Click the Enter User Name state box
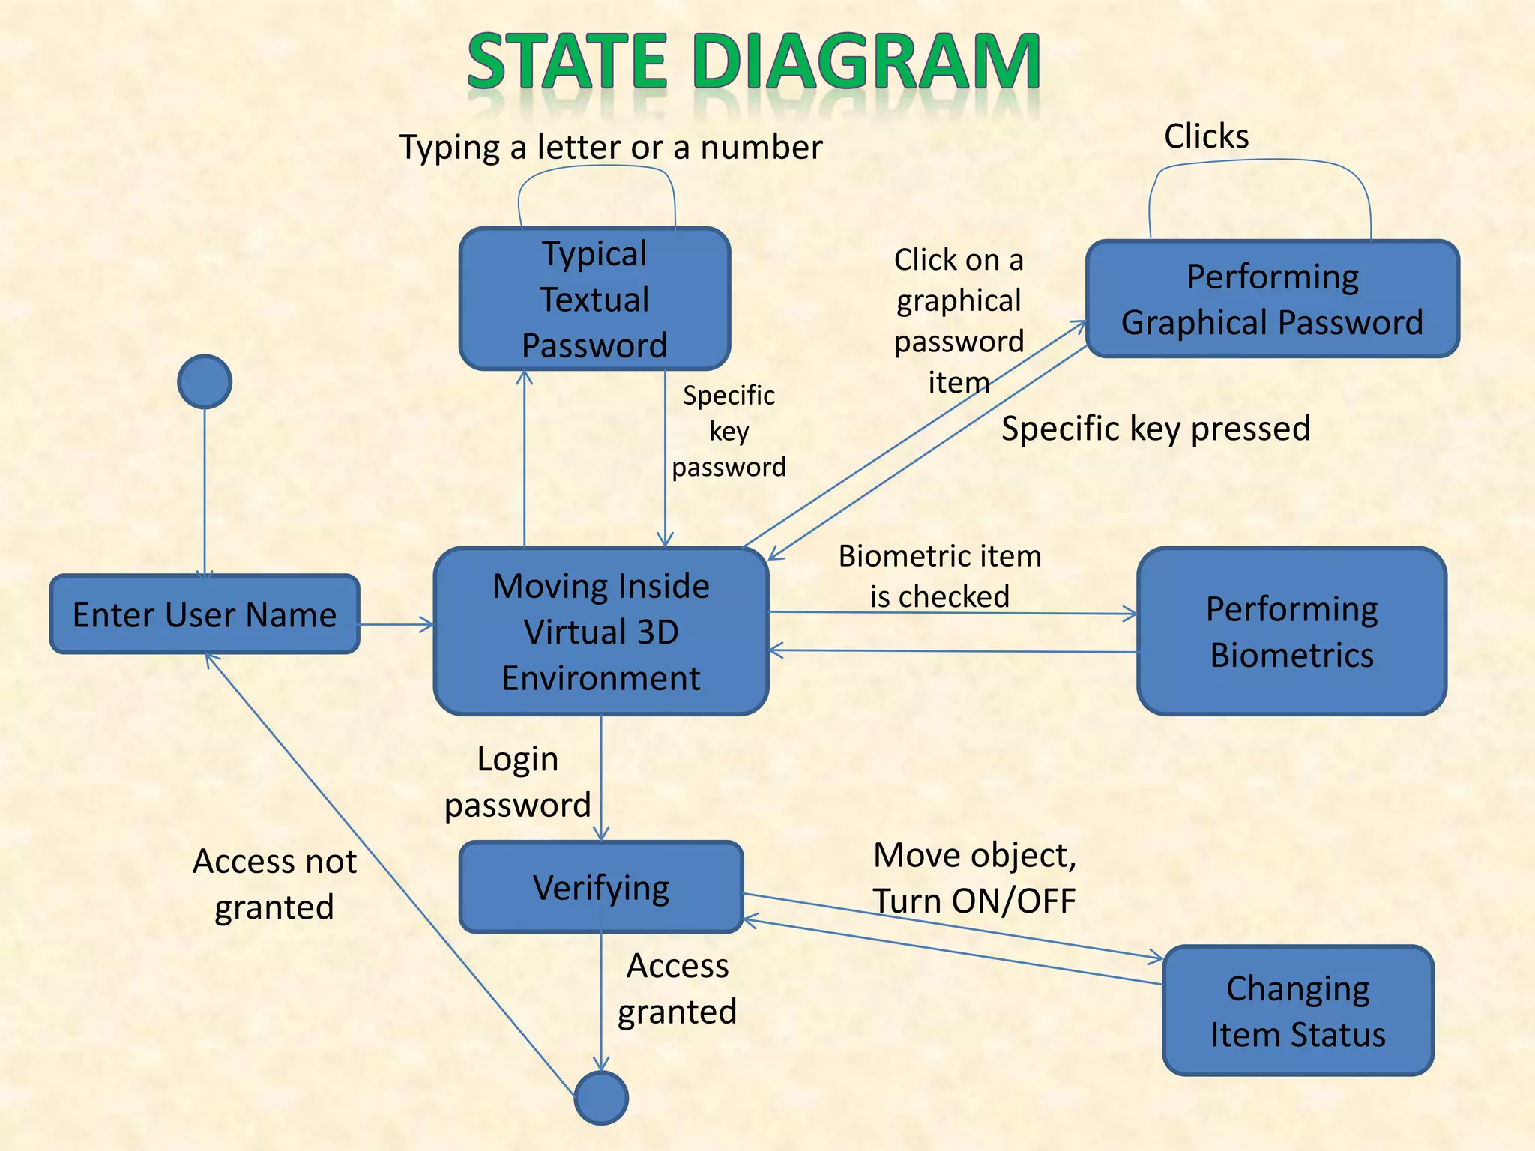(205, 614)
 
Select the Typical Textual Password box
(594, 299)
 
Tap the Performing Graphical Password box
(1272, 299)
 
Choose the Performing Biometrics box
(1291, 631)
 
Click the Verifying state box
(601, 887)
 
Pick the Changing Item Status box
(1297, 1011)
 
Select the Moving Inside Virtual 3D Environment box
(601, 631)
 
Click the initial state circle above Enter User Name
(205, 381)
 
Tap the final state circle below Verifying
(601, 1098)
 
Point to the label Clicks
(1206, 136)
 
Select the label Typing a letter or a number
(611, 147)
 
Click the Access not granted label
(274, 883)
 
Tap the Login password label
(518, 782)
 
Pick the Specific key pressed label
(1156, 429)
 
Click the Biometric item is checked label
(940, 575)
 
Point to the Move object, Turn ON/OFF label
(974, 877)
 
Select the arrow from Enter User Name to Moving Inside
(396, 624)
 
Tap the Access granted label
(677, 988)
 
